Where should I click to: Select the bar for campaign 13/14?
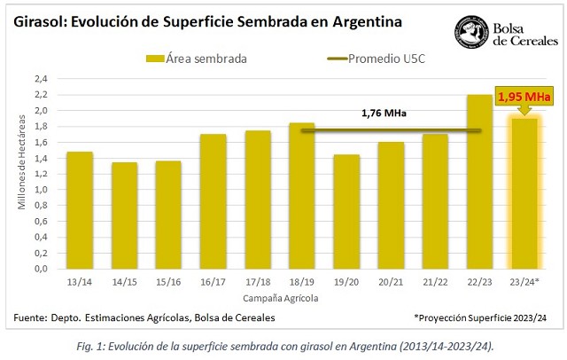pyautogui.click(x=79, y=210)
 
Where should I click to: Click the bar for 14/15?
pyautogui.click(x=124, y=215)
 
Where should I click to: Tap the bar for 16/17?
pyautogui.click(x=213, y=201)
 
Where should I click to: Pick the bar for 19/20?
pyautogui.click(x=346, y=211)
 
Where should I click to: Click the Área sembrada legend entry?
pyautogui.click(x=197, y=59)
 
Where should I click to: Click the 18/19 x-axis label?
pyautogui.click(x=302, y=282)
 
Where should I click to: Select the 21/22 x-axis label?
pyautogui.click(x=435, y=282)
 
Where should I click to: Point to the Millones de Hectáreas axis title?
pyautogui.click(x=20, y=173)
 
